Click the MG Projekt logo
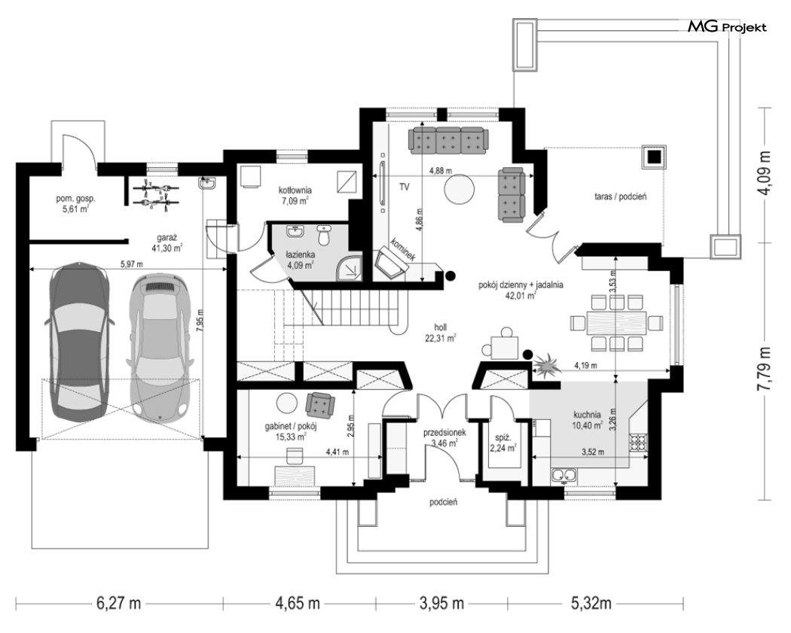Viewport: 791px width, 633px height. click(x=727, y=26)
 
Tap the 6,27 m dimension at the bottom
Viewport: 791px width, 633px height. click(x=118, y=603)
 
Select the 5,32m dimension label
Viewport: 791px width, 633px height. click(x=591, y=603)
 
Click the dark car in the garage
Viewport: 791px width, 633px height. click(x=78, y=341)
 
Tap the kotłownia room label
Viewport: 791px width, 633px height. click(x=295, y=190)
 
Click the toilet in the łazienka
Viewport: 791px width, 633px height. click(x=324, y=235)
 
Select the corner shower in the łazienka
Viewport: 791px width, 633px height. click(x=350, y=267)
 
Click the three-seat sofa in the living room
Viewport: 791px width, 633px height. click(x=448, y=140)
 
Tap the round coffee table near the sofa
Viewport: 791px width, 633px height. click(x=459, y=189)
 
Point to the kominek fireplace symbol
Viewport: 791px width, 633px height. click(x=391, y=262)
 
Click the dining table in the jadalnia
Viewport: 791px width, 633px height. click(x=616, y=323)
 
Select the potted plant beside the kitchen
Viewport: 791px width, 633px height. click(x=546, y=364)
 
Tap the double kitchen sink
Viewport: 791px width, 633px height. click(x=564, y=475)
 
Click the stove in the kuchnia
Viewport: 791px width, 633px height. click(x=637, y=443)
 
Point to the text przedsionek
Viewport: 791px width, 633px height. click(x=444, y=433)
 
